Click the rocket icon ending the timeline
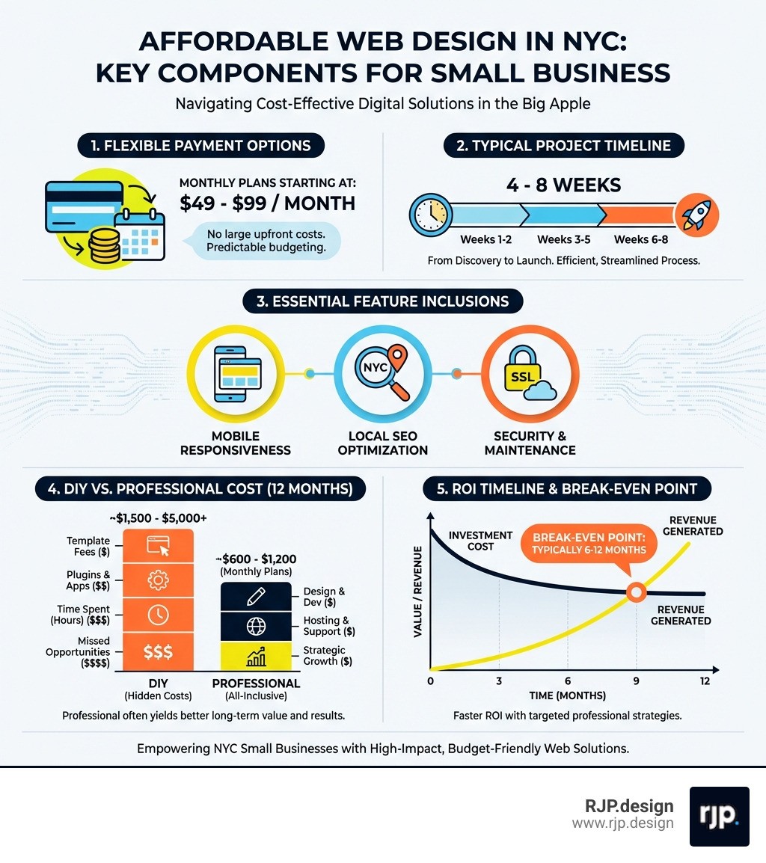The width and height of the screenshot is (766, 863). point(696,216)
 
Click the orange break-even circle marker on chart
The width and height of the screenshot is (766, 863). point(635,593)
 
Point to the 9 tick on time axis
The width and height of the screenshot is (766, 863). point(635,681)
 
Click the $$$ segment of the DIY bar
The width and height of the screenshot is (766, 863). point(157,651)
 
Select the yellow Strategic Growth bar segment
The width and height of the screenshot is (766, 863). point(254,656)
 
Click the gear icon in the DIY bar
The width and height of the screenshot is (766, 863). point(157,580)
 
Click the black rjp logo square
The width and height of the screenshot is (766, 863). point(719,816)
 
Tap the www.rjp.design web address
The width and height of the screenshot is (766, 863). point(622,823)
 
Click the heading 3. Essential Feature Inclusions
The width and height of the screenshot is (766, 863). point(383,302)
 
